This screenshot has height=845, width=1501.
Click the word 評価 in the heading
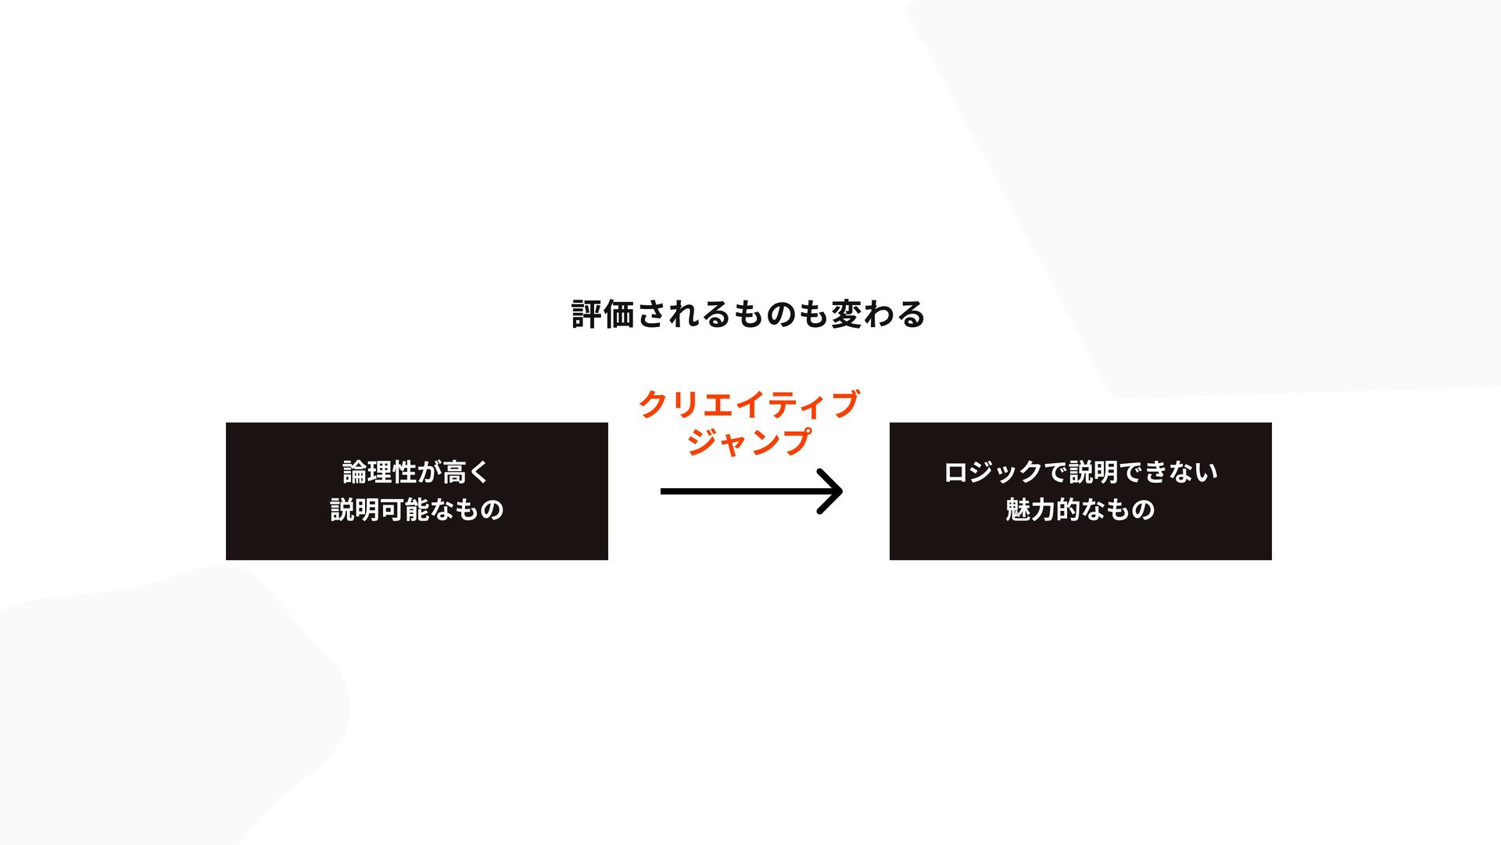click(603, 315)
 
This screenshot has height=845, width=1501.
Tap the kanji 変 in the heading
click(846, 315)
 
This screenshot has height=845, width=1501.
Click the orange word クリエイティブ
click(749, 405)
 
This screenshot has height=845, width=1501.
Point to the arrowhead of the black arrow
click(832, 491)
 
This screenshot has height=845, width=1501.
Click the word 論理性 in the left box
click(380, 473)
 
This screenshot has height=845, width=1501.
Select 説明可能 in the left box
click(380, 510)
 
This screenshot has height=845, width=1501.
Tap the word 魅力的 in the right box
click(1043, 510)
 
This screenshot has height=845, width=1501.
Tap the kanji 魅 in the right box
click(1018, 510)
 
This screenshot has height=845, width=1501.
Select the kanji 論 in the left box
click(355, 473)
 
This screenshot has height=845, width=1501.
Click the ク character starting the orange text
click(654, 405)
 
